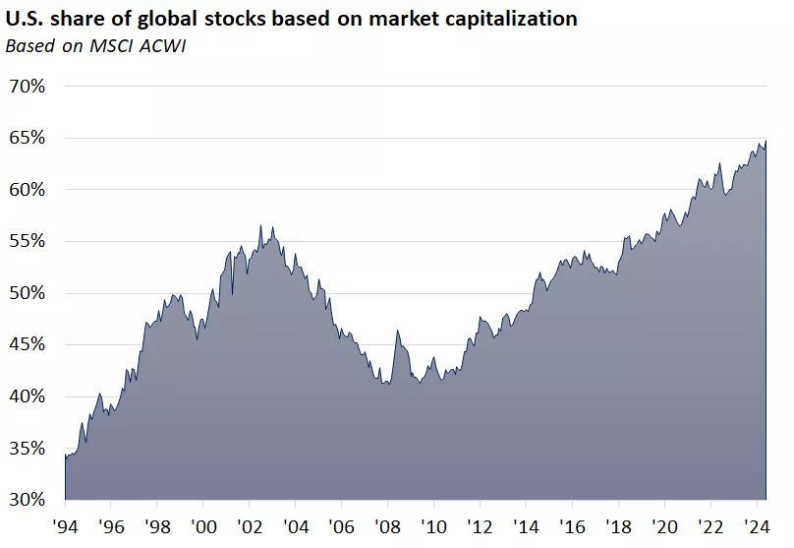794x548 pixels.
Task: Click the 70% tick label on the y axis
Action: click(27, 87)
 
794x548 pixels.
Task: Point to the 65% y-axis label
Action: click(27, 138)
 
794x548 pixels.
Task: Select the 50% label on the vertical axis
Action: click(27, 293)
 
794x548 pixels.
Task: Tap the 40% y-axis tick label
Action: click(27, 396)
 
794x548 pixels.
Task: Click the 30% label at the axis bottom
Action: click(27, 500)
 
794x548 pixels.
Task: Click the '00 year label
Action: click(203, 526)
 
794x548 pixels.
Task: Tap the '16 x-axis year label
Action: click(572, 526)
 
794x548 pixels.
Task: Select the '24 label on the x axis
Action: click(756, 526)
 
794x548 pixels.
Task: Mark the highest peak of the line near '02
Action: click(261, 225)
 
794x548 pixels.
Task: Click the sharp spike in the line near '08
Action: click(397, 331)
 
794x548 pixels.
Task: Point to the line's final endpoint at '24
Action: click(766, 141)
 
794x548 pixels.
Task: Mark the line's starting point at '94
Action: click(65, 456)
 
